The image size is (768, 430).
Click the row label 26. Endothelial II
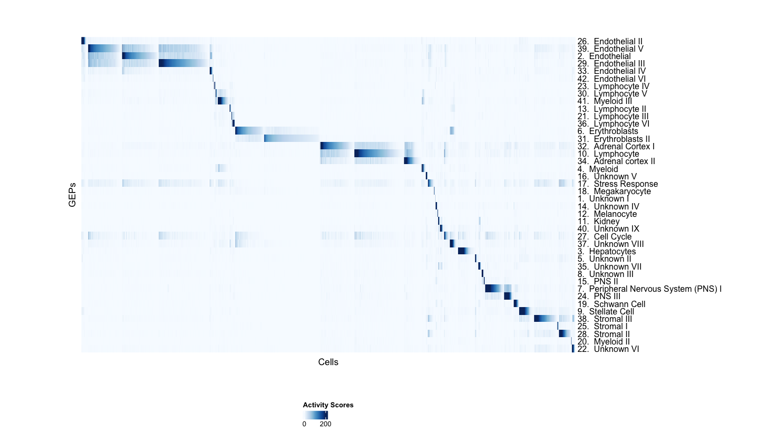point(610,41)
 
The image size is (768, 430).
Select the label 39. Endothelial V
point(610,49)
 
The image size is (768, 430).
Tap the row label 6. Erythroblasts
point(608,131)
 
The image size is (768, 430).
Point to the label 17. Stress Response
point(618,184)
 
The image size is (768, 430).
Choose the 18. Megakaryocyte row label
point(614,192)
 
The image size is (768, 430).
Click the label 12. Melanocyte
point(607,214)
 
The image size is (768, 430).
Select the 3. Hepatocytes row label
point(607,252)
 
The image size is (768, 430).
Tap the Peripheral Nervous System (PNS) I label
point(649,289)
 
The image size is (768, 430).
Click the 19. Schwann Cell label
point(611,304)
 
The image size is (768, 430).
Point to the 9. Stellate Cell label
point(606,312)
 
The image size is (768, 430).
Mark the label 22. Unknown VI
point(608,349)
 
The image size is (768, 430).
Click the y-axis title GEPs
point(72,195)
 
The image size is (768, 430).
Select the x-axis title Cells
point(328,362)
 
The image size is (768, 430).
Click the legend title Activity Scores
point(328,405)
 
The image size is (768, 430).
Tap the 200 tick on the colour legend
point(325,424)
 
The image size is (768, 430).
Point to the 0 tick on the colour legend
point(304,424)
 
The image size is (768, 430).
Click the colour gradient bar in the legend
point(316,415)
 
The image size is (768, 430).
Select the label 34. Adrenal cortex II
point(616,161)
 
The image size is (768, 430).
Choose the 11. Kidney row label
point(598,222)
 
